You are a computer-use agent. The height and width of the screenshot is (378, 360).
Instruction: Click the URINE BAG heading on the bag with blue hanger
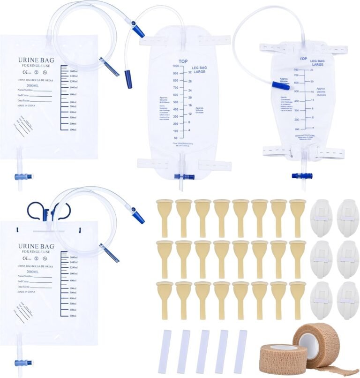(36, 246)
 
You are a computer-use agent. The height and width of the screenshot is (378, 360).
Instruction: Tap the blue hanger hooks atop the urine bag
(49, 212)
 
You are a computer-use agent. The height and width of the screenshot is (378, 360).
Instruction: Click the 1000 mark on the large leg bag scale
(175, 66)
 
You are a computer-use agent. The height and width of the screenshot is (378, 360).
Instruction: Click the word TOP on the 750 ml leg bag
(303, 59)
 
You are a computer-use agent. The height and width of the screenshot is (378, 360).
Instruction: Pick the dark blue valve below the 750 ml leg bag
(300, 175)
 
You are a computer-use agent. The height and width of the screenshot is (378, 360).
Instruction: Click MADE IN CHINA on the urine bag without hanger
(30, 106)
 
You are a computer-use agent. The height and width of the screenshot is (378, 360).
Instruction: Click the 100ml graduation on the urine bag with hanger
(73, 316)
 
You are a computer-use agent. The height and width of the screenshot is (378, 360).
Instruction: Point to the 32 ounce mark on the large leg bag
(189, 73)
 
